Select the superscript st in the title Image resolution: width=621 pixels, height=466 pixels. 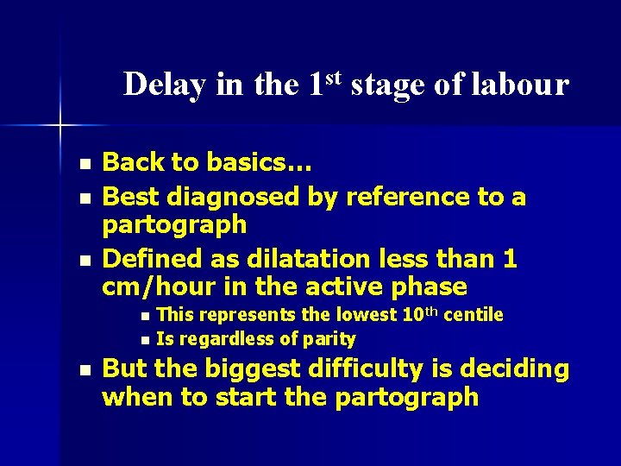pos(334,76)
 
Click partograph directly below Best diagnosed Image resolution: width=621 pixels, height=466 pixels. pos(174,225)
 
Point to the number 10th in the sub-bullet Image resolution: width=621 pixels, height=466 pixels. pos(413,313)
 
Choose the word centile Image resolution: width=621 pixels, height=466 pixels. pos(474,314)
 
